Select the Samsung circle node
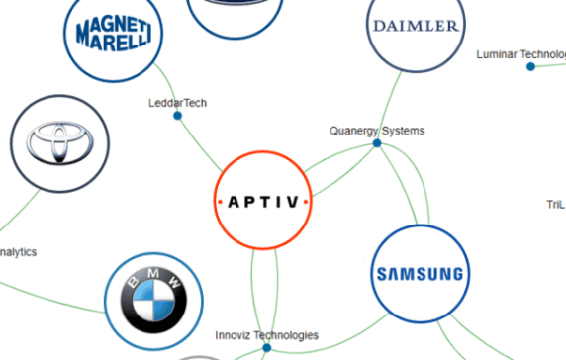418,274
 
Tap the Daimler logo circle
415,26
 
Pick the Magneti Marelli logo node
113,32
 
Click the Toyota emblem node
57,142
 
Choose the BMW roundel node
153,300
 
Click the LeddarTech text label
177,103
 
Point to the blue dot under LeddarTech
178,116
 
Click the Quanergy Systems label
376,131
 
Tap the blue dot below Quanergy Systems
377,143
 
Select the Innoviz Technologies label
267,335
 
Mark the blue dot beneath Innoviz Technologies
267,348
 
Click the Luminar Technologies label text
520,53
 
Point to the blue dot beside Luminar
530,66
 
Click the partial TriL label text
555,205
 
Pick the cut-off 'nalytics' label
18,252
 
